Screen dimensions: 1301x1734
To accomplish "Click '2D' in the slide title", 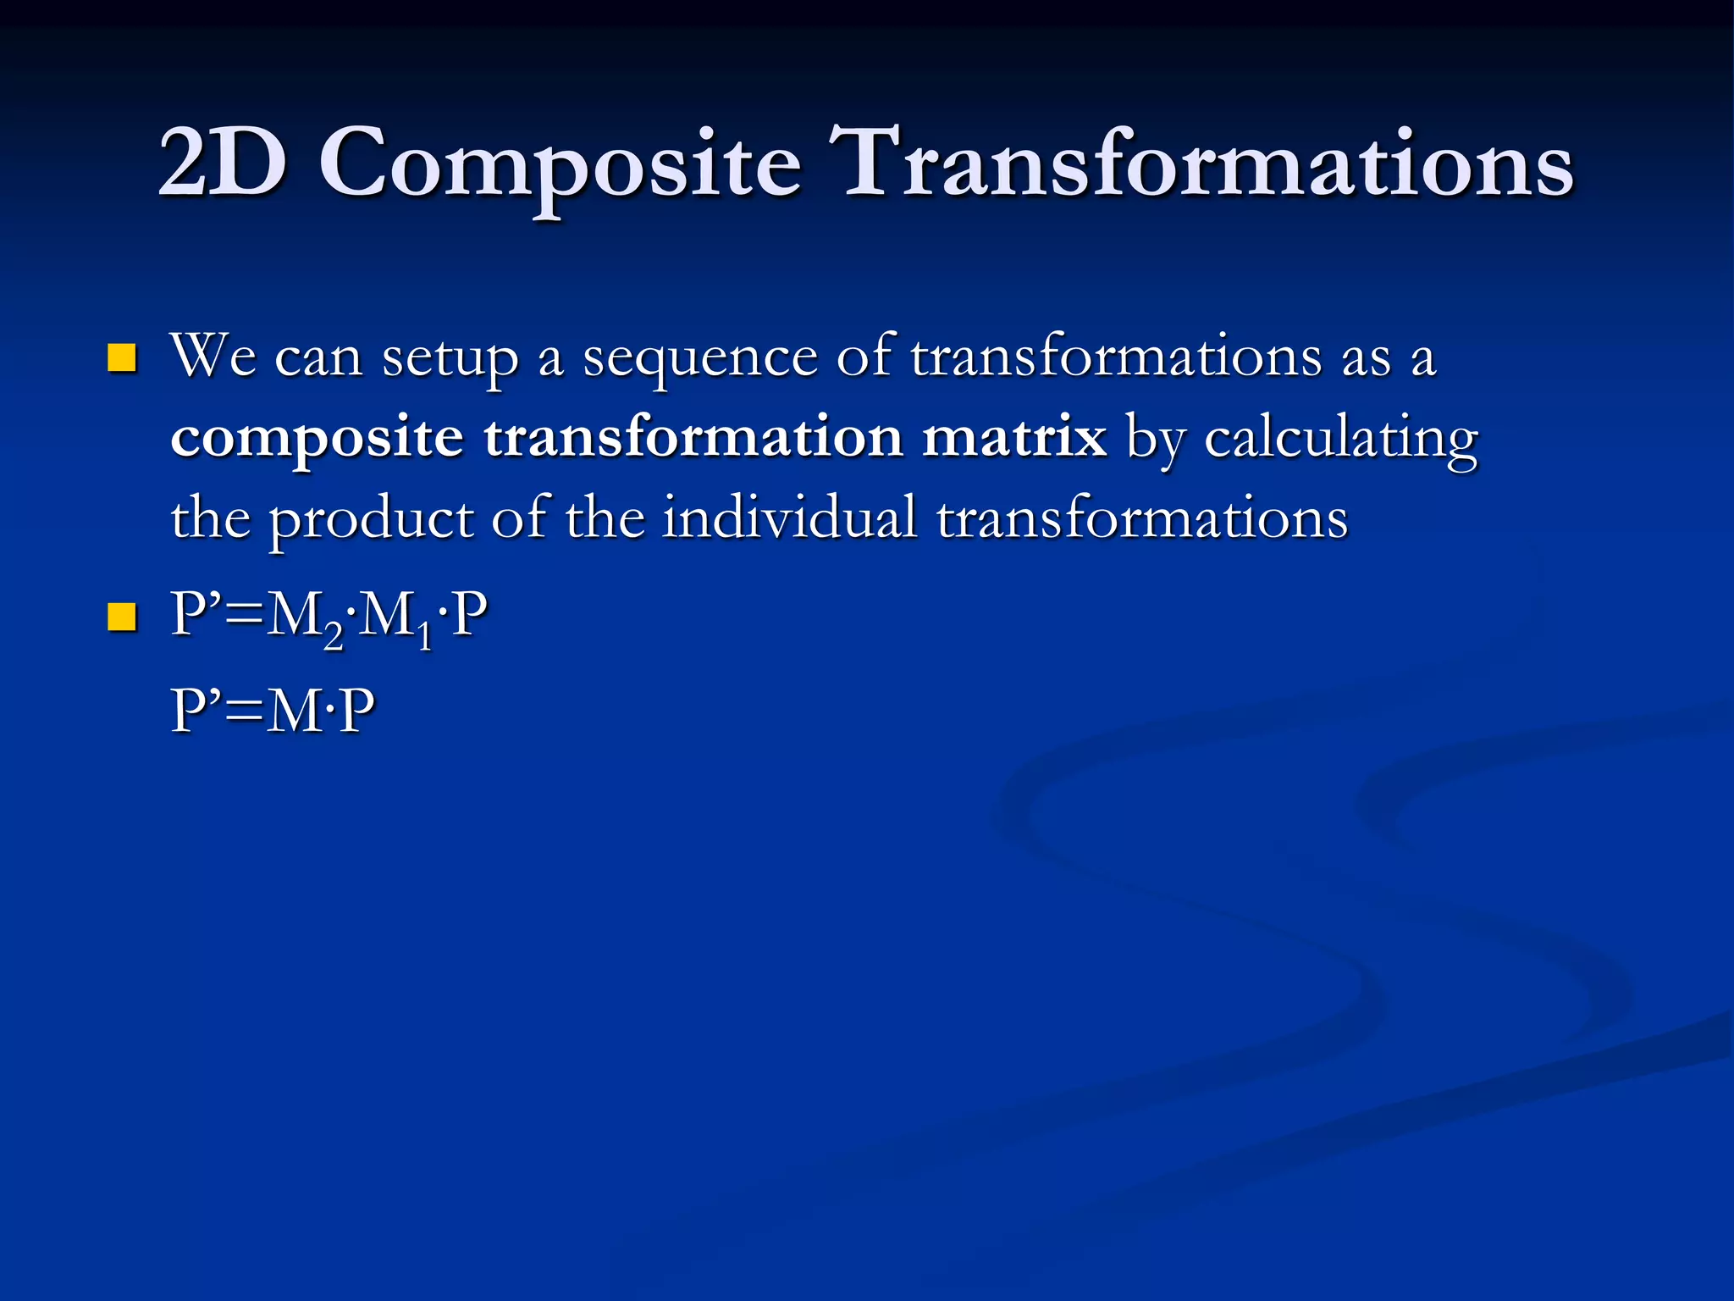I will click(222, 163).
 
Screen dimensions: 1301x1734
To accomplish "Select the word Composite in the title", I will click(560, 165).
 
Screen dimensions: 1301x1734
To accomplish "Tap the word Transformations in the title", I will click(1207, 163).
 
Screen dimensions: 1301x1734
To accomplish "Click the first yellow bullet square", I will click(122, 358).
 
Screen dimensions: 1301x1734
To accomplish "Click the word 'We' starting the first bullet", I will click(213, 356).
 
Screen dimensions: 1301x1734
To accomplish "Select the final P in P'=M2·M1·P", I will click(470, 615).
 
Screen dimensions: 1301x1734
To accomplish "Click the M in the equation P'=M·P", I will click(295, 711).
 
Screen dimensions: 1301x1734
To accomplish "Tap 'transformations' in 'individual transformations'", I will click(1141, 518).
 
